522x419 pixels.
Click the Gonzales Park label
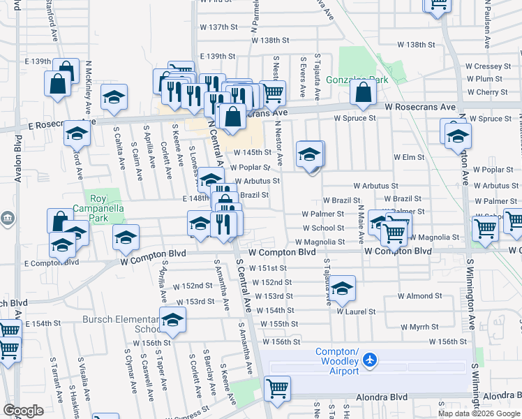(x=361, y=80)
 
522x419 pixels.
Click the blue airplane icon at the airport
(x=369, y=360)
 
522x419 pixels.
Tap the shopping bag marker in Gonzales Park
(x=363, y=92)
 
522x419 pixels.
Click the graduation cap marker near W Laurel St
(x=342, y=288)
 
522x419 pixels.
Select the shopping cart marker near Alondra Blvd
(x=278, y=388)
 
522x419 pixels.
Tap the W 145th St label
(x=252, y=152)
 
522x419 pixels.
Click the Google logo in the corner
(x=23, y=411)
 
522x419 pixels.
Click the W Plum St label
(x=489, y=79)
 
